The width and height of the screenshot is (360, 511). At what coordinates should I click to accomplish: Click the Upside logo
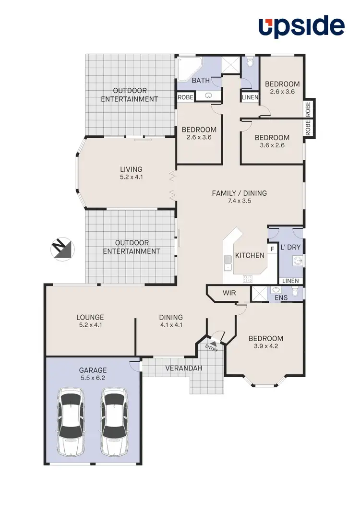click(302, 26)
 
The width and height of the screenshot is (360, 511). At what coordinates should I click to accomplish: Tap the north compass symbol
click(62, 249)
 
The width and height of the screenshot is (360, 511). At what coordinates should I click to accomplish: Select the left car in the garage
click(70, 422)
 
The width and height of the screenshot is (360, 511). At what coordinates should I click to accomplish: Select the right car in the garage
click(114, 422)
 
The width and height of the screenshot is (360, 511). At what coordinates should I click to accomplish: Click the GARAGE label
click(94, 370)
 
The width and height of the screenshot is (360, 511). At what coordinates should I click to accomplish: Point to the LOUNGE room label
click(90, 317)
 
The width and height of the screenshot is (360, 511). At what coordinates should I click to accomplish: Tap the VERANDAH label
click(183, 368)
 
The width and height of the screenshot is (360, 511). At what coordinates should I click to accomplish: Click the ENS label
click(281, 298)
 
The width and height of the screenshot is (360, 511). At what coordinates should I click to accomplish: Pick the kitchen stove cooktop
click(248, 278)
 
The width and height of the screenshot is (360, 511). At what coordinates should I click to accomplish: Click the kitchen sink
click(228, 262)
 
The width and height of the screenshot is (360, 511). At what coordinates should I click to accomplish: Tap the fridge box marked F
click(272, 249)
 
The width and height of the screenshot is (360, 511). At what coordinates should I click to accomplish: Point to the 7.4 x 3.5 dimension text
click(239, 201)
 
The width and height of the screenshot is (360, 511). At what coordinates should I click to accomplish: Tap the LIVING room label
click(131, 169)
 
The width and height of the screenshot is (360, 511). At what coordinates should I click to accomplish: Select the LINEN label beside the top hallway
click(250, 97)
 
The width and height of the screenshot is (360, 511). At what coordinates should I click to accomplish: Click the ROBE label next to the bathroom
click(185, 97)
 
